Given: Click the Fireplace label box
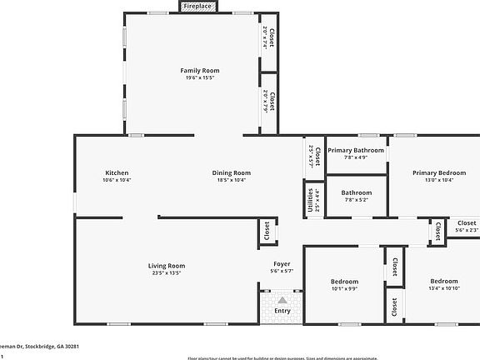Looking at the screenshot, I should tap(197, 7).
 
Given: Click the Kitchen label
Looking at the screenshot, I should tap(117, 172).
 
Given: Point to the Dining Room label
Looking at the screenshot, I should tap(232, 172).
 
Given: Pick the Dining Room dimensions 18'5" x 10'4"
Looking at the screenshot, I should tap(232, 180).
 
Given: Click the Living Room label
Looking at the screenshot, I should tap(166, 265).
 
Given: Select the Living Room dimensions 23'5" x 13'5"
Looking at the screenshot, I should tap(166, 272).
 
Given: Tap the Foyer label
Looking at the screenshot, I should tap(282, 263).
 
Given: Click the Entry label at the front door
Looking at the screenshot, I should tap(282, 312).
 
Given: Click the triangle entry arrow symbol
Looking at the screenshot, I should tap(282, 300).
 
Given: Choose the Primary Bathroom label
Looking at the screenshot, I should tap(356, 150).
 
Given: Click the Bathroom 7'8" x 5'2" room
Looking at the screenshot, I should tap(356, 196).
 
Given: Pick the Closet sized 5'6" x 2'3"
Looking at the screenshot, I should tap(467, 227).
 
